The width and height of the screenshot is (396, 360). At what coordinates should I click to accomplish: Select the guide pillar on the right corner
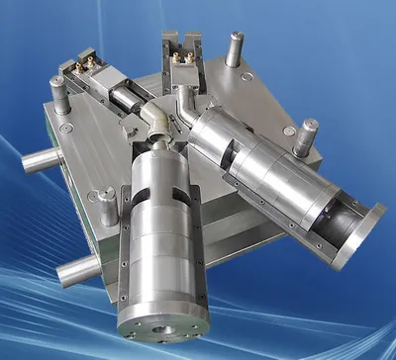pos(307,136)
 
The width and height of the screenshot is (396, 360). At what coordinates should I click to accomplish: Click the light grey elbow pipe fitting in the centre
pos(153,125)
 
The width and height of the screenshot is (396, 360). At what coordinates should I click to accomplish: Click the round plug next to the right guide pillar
pos(288,130)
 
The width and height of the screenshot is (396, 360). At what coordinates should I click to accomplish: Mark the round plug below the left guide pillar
pos(65,128)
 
